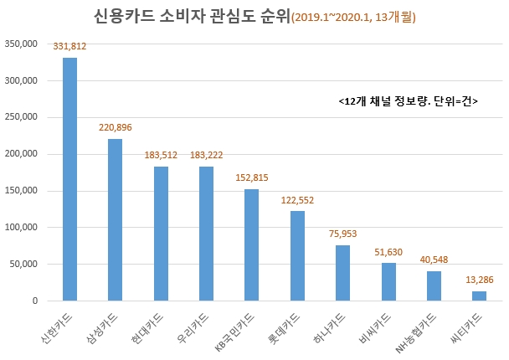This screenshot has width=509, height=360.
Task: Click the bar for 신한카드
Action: click(x=69, y=179)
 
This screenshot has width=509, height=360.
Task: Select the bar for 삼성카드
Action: click(x=115, y=219)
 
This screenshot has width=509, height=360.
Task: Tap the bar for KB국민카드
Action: click(x=251, y=244)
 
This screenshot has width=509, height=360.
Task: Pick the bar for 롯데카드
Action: click(x=296, y=255)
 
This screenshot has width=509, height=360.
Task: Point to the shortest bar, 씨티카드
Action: click(x=478, y=296)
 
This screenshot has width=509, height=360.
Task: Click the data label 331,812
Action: click(x=69, y=47)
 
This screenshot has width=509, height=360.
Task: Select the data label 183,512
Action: click(x=160, y=156)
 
